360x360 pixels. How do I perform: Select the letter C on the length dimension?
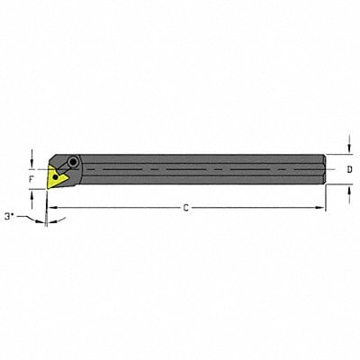click(185, 208)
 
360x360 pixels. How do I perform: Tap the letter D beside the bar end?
click(349, 168)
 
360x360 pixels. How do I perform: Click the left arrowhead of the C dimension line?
click(51, 208)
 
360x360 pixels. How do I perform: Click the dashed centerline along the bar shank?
click(198, 168)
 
